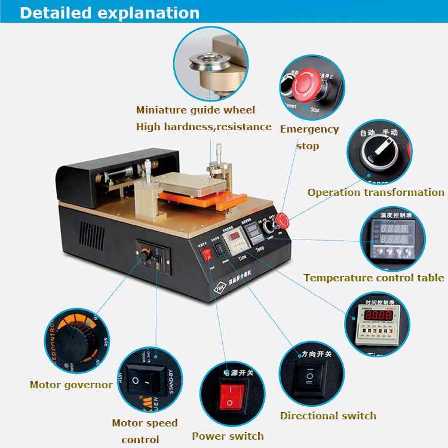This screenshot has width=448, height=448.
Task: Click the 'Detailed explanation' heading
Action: coord(110,13)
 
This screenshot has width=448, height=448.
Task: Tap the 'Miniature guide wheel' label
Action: coord(195,110)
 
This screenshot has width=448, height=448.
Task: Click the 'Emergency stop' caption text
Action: coord(308,137)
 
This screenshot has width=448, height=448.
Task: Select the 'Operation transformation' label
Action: coord(375,192)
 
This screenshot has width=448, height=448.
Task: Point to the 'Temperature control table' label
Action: coord(373,278)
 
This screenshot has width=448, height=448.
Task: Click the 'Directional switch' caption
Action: coord(328,416)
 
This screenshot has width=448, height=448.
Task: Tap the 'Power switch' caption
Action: coord(228,436)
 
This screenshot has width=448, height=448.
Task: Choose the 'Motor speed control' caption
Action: coord(145,431)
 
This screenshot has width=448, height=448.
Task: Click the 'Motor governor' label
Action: coord(71,385)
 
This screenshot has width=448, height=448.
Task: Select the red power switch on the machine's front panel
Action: coord(207,255)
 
